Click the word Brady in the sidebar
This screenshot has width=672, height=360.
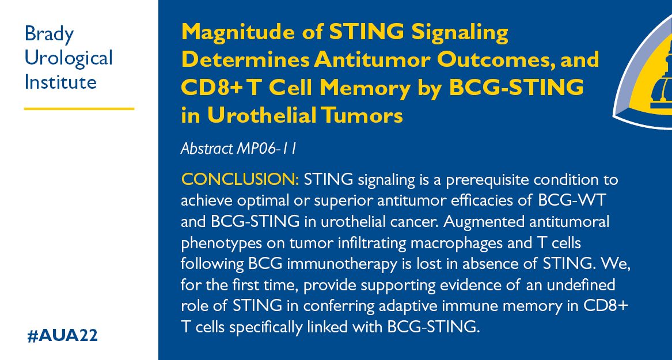49,35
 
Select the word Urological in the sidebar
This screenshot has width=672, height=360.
69,58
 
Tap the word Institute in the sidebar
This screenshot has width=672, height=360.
60,82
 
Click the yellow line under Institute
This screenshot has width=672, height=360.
79,108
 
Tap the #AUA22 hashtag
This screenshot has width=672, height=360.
62,336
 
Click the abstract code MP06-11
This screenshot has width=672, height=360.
267,149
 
